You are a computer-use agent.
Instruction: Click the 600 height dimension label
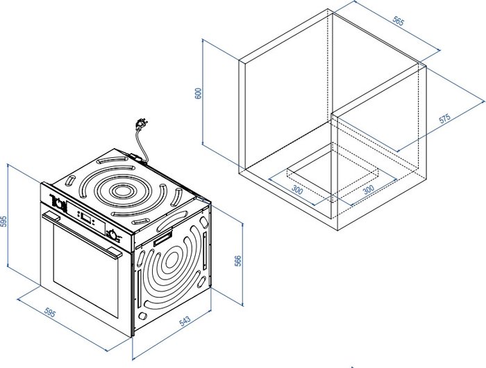click(x=198, y=93)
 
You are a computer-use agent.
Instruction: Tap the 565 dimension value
click(x=399, y=21)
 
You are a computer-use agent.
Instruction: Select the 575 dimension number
click(x=444, y=119)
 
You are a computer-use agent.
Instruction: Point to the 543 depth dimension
click(x=185, y=321)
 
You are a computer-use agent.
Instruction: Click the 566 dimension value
click(x=237, y=261)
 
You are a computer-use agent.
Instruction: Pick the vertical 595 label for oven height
click(x=3, y=221)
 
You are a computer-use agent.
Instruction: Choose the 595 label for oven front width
click(x=49, y=313)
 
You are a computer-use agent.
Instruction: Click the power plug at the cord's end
click(x=142, y=124)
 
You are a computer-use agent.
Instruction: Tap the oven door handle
click(x=82, y=234)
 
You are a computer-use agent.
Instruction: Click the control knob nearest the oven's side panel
click(x=112, y=234)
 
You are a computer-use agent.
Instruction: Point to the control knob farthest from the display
click(x=58, y=202)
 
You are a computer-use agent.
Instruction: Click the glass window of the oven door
click(x=85, y=269)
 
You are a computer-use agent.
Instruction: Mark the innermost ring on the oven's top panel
click(x=121, y=191)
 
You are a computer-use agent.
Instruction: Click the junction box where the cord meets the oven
click(x=135, y=156)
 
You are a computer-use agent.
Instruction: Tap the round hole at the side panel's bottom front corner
click(x=142, y=316)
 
